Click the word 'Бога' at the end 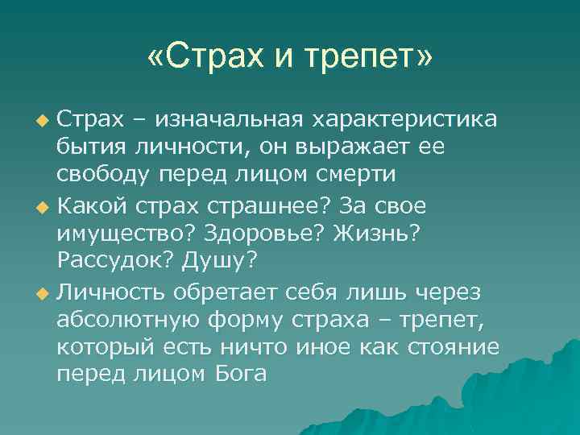[241, 376]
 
